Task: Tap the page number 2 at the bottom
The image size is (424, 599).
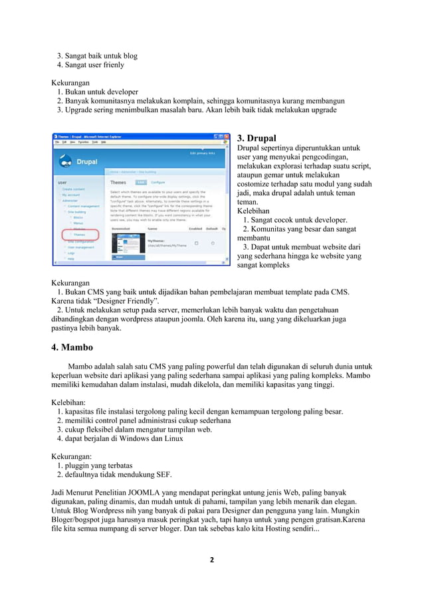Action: pyautogui.click(x=211, y=559)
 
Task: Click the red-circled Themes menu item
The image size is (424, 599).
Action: pyautogui.click(x=78, y=234)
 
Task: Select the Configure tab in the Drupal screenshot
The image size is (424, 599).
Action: pyautogui.click(x=158, y=181)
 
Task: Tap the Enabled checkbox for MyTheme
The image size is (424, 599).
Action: pyautogui.click(x=196, y=243)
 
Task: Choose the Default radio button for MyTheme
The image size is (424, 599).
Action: pyautogui.click(x=213, y=243)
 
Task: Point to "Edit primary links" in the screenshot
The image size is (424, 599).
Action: pyautogui.click(x=203, y=153)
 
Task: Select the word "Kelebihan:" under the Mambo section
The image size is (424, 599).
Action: pyautogui.click(x=69, y=402)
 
